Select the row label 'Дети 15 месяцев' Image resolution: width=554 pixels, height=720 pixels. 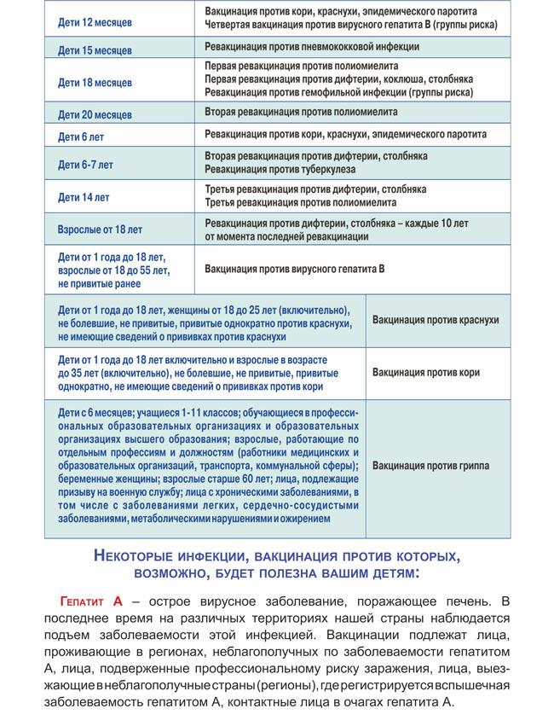(95, 50)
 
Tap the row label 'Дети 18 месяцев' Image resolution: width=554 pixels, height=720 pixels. (95, 83)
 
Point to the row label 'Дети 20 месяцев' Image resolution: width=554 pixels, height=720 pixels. (95, 114)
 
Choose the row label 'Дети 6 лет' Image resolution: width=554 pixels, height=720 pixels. (81, 136)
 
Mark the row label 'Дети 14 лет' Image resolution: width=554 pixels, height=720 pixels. (84, 197)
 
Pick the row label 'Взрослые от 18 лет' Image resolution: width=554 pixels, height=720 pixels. (100, 229)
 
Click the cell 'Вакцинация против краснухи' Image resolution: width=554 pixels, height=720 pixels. (436, 320)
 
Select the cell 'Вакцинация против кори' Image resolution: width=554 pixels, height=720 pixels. (426, 373)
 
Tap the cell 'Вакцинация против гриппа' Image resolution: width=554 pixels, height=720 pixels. (430, 466)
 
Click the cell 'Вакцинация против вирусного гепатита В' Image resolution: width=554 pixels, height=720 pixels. (295, 269)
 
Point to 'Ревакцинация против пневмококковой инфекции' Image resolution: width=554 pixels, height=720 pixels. (312, 47)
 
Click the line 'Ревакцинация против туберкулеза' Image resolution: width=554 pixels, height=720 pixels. (282, 171)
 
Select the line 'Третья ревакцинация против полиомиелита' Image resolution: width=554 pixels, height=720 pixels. (301, 203)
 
